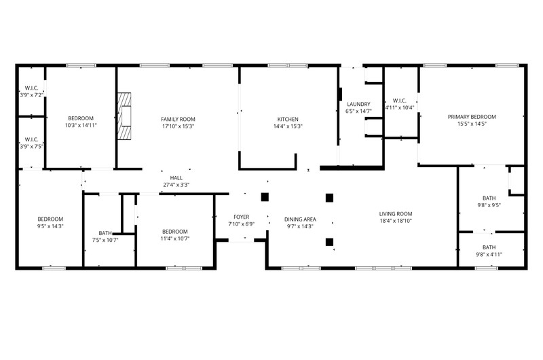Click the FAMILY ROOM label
pos(178,118)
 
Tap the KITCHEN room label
pos(288,118)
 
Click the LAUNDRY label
pos(358,104)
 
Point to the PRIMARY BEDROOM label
pos(472,117)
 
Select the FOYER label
pos(241,217)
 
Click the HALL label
pos(176,177)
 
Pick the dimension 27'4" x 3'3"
pos(176,185)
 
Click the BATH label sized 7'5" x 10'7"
pos(105,232)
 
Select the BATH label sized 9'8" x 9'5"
pos(489,198)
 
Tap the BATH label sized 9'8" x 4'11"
pos(489,247)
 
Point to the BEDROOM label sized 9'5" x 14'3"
pos(50,219)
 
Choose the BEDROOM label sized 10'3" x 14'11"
pos(80,118)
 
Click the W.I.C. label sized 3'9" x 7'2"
pos(31,88)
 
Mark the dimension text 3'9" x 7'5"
pos(31,146)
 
